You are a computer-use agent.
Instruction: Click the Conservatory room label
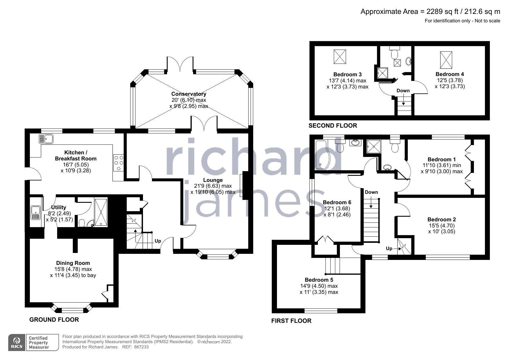coord(189,94)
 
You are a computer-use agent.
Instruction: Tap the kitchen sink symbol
coord(46,139)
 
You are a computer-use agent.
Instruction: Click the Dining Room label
coord(73,263)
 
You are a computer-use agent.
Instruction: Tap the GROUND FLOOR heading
coord(54,320)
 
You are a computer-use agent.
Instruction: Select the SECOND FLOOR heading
coord(332,126)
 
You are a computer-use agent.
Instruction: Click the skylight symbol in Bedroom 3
coord(340,57)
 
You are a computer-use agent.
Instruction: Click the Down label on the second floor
coord(403,91)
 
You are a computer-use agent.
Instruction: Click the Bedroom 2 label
coord(441,219)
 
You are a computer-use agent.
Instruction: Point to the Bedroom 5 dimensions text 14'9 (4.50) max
coord(319,286)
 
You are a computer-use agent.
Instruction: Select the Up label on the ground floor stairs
coord(158,241)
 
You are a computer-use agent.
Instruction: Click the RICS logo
coord(17,343)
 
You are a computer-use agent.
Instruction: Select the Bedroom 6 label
coord(337,202)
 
